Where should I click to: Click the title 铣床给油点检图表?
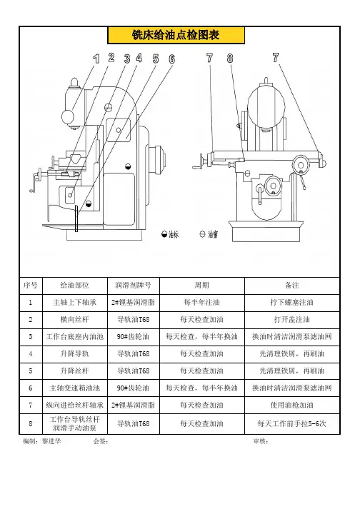[176, 35]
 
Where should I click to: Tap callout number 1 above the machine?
[96, 59]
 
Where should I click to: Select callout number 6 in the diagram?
[172, 59]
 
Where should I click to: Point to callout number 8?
[230, 58]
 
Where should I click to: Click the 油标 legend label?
[174, 234]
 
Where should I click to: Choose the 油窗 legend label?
[213, 234]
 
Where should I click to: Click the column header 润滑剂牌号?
[133, 286]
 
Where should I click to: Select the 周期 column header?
[201, 286]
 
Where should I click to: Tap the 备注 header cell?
[291, 286]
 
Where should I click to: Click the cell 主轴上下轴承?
[75, 303]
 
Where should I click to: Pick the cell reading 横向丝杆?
[75, 320]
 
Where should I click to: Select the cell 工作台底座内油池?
[75, 337]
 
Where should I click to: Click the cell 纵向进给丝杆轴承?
[75, 405]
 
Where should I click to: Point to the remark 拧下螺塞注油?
[291, 303]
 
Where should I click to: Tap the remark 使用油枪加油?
[291, 405]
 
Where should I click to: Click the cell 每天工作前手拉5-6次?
[291, 423]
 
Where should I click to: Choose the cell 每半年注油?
[201, 303]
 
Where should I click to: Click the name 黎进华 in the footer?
[51, 441]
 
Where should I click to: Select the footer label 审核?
[261, 441]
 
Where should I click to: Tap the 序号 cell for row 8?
[31, 423]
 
